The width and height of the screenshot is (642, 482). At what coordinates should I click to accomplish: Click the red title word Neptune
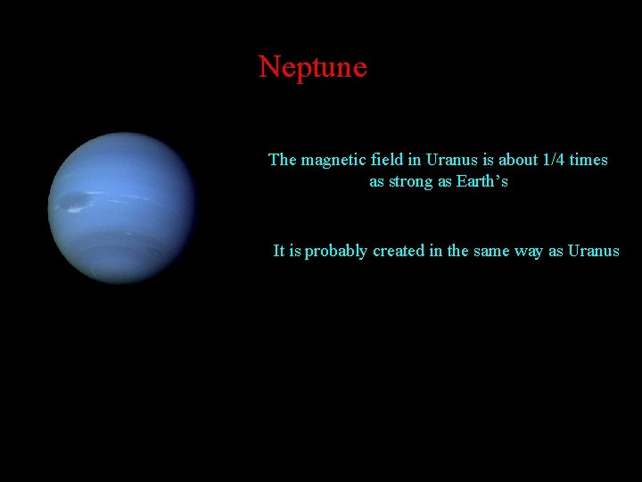point(312,67)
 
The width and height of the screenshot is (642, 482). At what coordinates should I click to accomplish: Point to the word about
point(518,161)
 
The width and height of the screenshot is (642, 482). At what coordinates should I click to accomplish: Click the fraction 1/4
point(556,161)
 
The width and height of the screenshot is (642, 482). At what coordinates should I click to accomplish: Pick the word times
point(589,161)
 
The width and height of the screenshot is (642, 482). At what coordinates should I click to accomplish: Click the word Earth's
point(482,182)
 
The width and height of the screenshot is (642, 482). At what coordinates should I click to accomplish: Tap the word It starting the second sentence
point(279,252)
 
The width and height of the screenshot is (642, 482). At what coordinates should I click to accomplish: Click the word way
point(530,252)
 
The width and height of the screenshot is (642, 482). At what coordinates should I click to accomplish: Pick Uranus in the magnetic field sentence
point(452,161)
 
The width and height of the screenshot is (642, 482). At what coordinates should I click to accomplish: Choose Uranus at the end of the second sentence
point(593,252)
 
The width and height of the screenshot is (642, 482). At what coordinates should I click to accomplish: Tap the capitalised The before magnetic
point(283,161)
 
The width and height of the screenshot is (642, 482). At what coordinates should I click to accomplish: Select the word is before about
point(488,161)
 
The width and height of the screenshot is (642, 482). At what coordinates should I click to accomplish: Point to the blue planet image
point(122,208)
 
